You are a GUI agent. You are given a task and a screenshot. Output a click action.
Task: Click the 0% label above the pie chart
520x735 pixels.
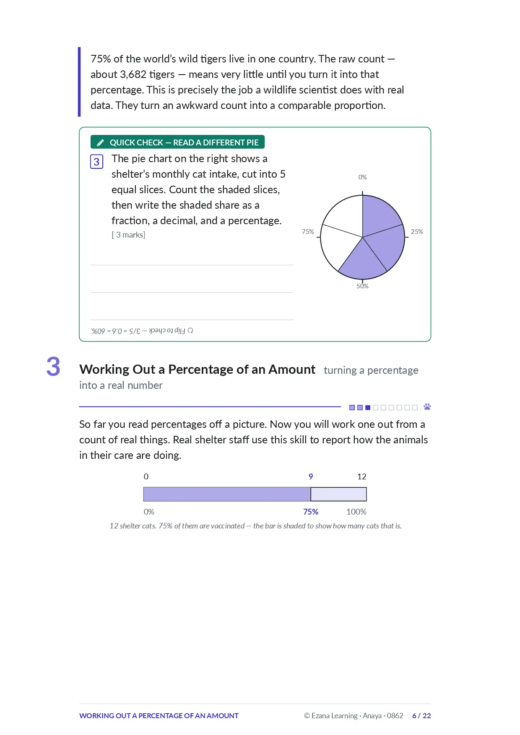(x=362, y=177)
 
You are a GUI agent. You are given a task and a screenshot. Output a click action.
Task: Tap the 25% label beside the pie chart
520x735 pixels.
(x=417, y=232)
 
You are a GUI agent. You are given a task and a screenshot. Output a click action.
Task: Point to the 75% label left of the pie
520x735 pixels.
(x=308, y=232)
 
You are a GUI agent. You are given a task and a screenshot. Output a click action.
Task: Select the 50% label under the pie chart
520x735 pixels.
(x=362, y=286)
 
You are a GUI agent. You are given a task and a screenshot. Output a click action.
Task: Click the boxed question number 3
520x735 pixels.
(x=97, y=162)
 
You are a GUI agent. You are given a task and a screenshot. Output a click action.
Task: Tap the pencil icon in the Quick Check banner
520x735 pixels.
(x=100, y=142)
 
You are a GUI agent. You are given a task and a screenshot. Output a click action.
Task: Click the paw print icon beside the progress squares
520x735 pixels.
(x=427, y=407)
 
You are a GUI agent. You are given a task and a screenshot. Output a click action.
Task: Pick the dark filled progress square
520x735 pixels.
(x=368, y=407)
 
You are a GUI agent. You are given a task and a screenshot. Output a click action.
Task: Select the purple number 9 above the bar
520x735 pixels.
(x=311, y=476)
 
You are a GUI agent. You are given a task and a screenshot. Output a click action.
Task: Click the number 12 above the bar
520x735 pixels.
(x=362, y=476)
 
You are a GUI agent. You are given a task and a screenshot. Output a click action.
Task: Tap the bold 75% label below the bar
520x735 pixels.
(x=311, y=512)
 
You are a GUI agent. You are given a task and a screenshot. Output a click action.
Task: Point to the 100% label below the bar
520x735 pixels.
(x=356, y=512)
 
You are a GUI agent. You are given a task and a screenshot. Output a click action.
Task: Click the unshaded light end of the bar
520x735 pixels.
(x=339, y=494)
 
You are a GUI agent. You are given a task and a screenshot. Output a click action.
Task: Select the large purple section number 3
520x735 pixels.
(x=53, y=367)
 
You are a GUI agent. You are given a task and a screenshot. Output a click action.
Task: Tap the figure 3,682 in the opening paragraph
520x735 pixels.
(x=133, y=75)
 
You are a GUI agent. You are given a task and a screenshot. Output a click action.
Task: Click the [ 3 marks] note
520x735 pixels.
(x=128, y=235)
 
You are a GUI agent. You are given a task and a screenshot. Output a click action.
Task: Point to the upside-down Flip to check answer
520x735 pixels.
(x=142, y=331)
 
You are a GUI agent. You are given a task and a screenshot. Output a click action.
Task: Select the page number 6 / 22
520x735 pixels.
(x=421, y=716)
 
